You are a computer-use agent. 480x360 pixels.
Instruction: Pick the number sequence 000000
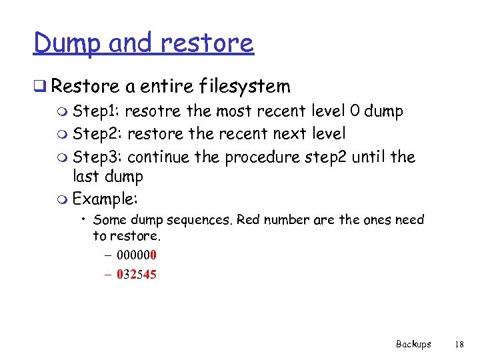coord(136,255)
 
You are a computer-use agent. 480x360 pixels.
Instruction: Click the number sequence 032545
coord(136,273)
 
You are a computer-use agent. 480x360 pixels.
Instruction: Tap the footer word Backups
coord(413,344)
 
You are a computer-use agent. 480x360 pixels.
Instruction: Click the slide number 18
coord(458,344)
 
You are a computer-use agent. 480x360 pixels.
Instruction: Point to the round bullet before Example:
coord(63,199)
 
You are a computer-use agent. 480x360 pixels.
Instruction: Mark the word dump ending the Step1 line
coord(384,111)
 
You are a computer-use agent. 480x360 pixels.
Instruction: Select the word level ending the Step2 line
coord(329,134)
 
